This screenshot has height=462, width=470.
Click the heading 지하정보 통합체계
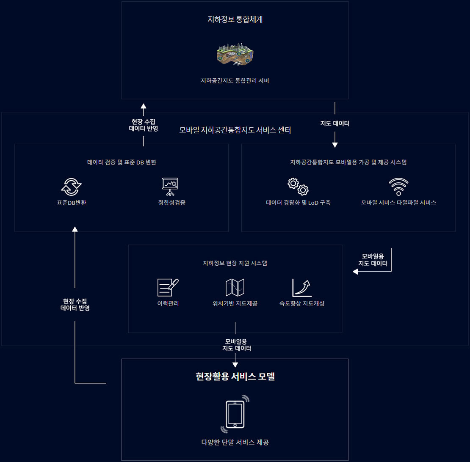click(x=235, y=19)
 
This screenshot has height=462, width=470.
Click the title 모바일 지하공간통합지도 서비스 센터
click(x=235, y=130)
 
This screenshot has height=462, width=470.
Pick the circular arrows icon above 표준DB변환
click(x=72, y=186)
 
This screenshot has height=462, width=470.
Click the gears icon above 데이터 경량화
click(x=298, y=186)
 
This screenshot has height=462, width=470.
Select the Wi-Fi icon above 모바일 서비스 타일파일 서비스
click(x=398, y=186)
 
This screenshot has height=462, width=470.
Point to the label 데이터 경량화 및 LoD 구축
click(x=298, y=203)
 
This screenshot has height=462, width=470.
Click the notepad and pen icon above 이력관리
click(x=168, y=287)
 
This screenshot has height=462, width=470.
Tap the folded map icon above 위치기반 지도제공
click(x=235, y=287)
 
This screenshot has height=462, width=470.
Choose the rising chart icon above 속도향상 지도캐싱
click(x=302, y=287)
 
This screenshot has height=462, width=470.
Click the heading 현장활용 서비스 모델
click(x=235, y=377)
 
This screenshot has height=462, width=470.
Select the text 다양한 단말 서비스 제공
click(x=235, y=443)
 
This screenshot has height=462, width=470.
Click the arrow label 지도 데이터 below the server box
click(x=335, y=124)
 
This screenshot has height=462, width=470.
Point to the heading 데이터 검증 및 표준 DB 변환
click(x=122, y=162)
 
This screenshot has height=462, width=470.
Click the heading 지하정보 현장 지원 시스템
click(x=235, y=263)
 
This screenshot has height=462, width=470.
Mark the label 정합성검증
click(x=171, y=203)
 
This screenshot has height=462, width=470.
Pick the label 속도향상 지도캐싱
click(x=302, y=303)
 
